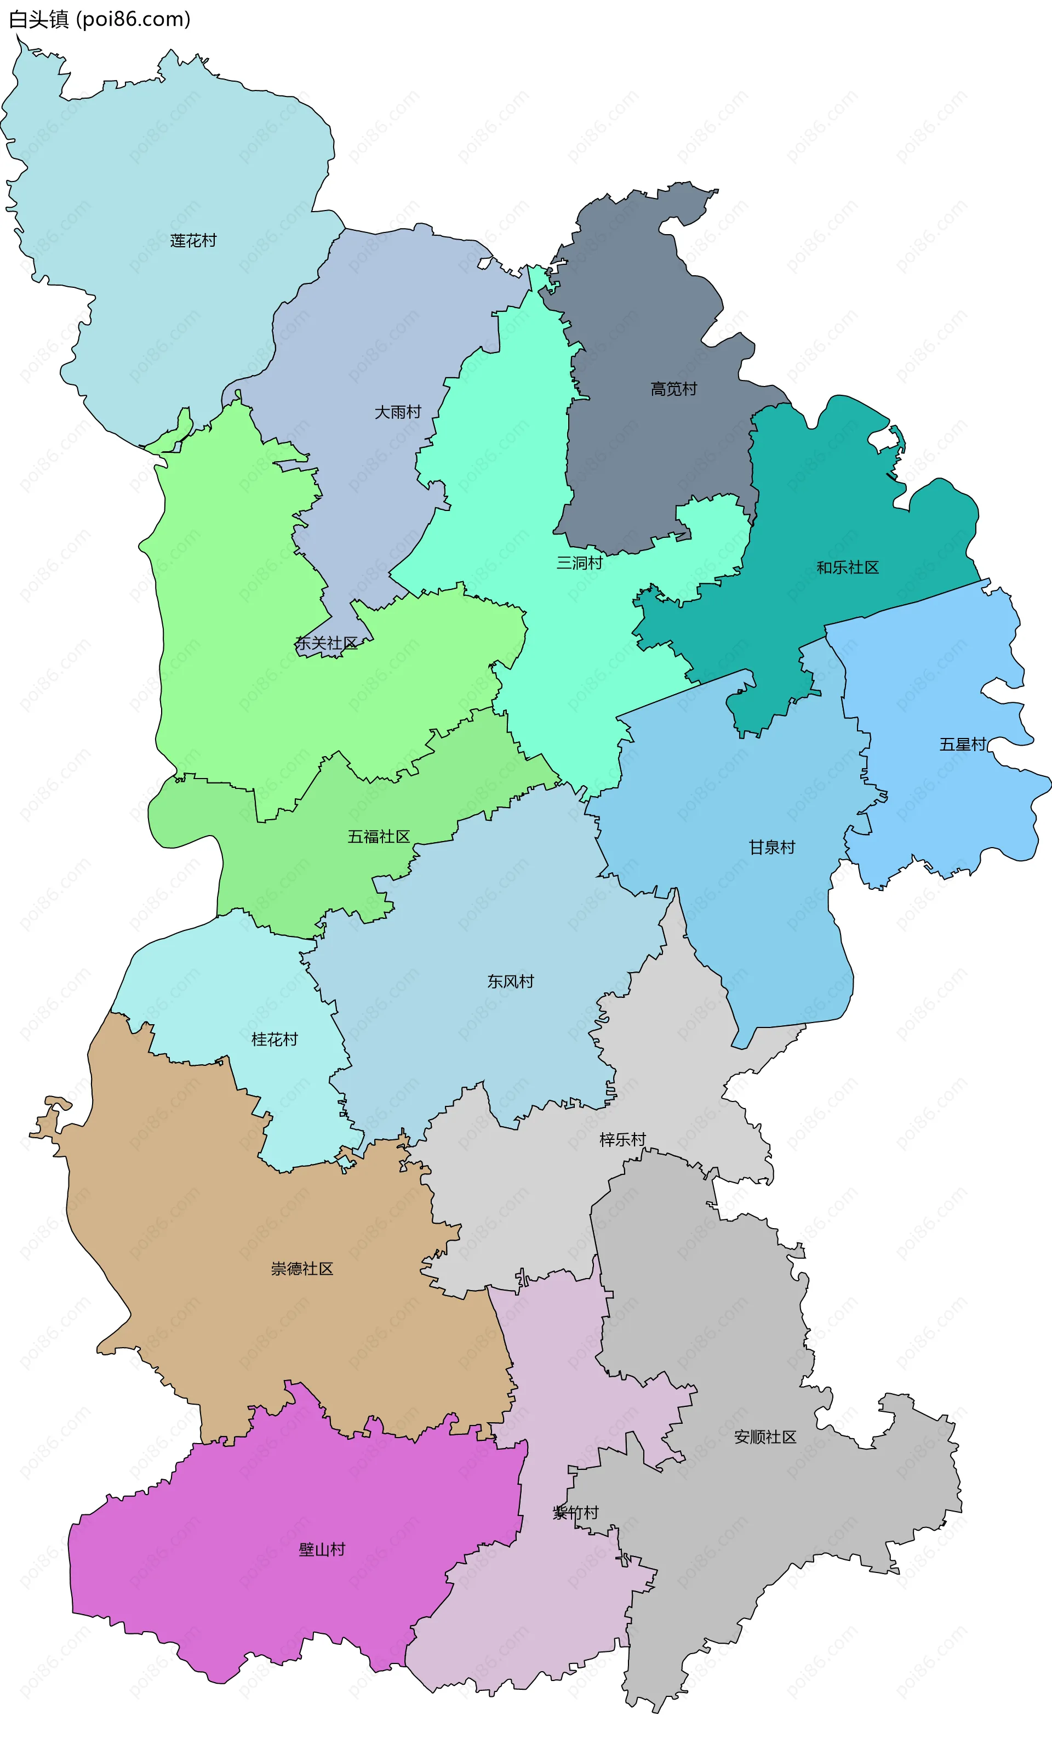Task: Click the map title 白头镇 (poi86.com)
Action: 100,19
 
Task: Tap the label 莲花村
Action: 193,241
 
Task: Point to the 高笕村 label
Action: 673,389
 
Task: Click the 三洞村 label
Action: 579,563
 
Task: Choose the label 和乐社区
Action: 847,567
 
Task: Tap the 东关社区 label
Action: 326,643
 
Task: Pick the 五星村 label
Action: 963,744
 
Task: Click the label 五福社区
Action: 379,836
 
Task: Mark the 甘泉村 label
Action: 772,847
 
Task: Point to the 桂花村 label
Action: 275,1039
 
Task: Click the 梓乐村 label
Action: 622,1139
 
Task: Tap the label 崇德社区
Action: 302,1268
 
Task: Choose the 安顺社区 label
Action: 765,1437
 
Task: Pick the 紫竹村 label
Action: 576,1513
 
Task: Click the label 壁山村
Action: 322,1550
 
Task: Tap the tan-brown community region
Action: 213,1206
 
